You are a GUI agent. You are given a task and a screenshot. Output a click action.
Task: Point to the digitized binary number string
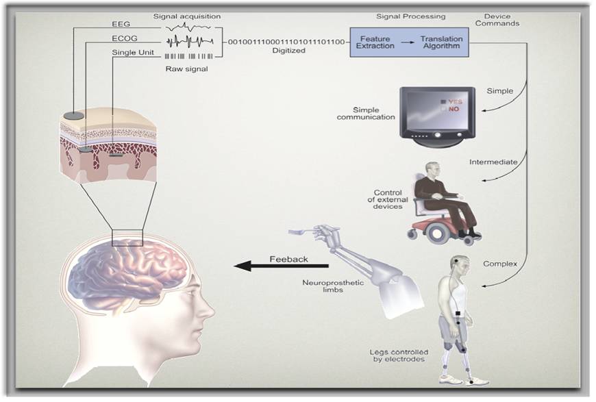click(x=286, y=42)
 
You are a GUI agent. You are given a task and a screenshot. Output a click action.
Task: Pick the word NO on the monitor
click(x=454, y=109)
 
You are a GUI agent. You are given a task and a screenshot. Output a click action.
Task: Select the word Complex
click(x=499, y=263)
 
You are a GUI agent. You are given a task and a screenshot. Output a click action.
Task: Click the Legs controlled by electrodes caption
click(x=397, y=356)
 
